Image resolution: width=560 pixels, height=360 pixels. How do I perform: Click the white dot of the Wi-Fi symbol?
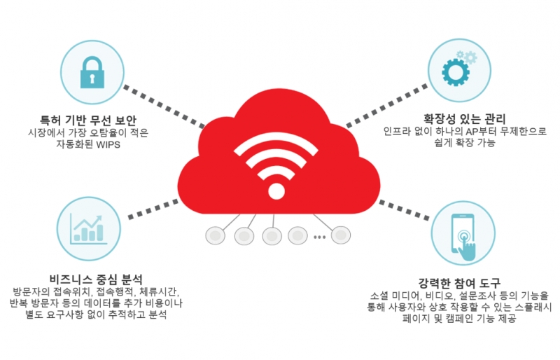(x=277, y=191)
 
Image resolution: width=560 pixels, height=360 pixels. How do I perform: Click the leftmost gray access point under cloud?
(x=214, y=236)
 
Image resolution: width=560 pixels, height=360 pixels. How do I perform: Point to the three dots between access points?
(x=319, y=237)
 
